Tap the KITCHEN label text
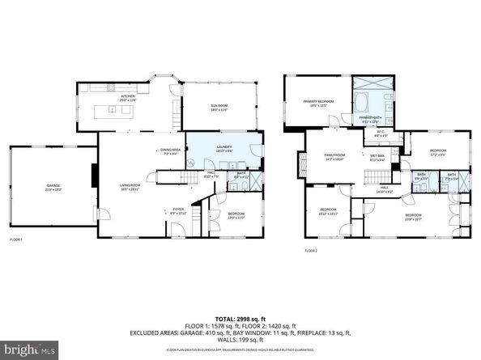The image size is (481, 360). click(128, 97)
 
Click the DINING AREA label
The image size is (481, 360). click(169, 150)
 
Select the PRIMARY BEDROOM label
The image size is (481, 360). click(319, 103)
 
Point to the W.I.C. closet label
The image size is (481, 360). click(381, 133)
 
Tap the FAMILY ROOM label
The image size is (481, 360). click(334, 156)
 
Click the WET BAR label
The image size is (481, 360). click(377, 157)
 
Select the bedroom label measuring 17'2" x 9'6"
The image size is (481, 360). click(437, 152)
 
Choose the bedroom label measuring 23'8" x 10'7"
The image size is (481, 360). click(413, 216)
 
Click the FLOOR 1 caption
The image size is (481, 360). click(16, 240)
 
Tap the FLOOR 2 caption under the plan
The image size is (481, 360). click(311, 252)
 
